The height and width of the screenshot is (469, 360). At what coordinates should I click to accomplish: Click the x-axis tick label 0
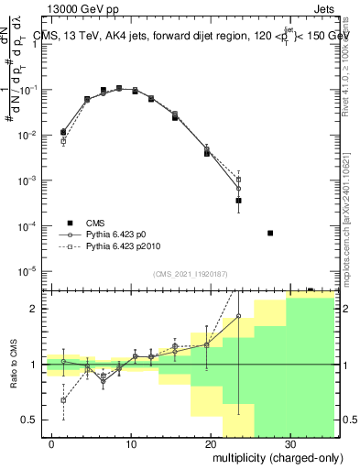tap(52, 442)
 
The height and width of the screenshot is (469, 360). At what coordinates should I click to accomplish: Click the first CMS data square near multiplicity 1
tap(63, 132)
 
